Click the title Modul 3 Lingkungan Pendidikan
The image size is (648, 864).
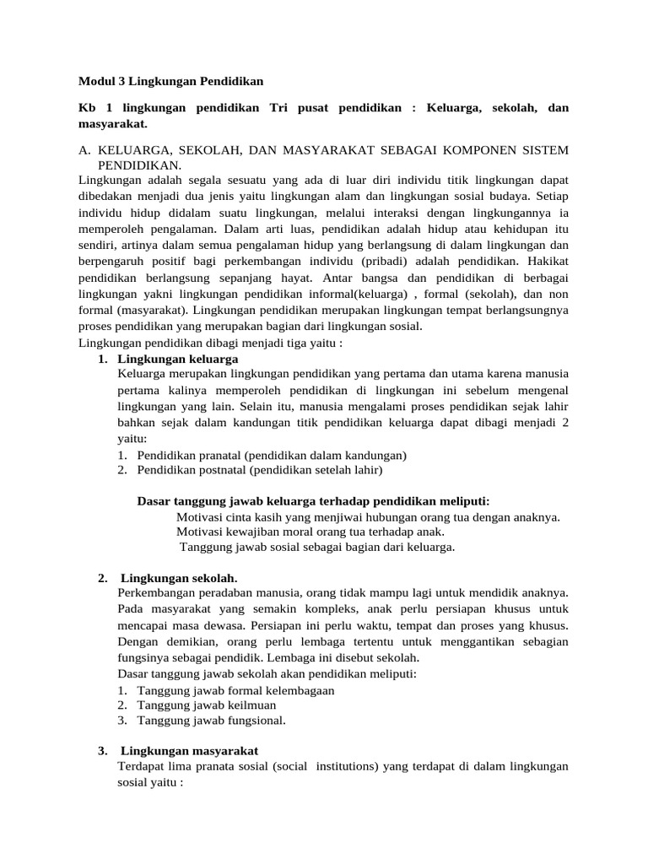(170, 82)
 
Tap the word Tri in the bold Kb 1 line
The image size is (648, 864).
(279, 108)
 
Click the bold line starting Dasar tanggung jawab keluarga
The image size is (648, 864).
(313, 501)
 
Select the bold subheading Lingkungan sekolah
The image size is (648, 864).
(179, 578)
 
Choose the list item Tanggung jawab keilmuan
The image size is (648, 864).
(206, 705)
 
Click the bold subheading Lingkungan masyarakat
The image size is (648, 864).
(189, 751)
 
